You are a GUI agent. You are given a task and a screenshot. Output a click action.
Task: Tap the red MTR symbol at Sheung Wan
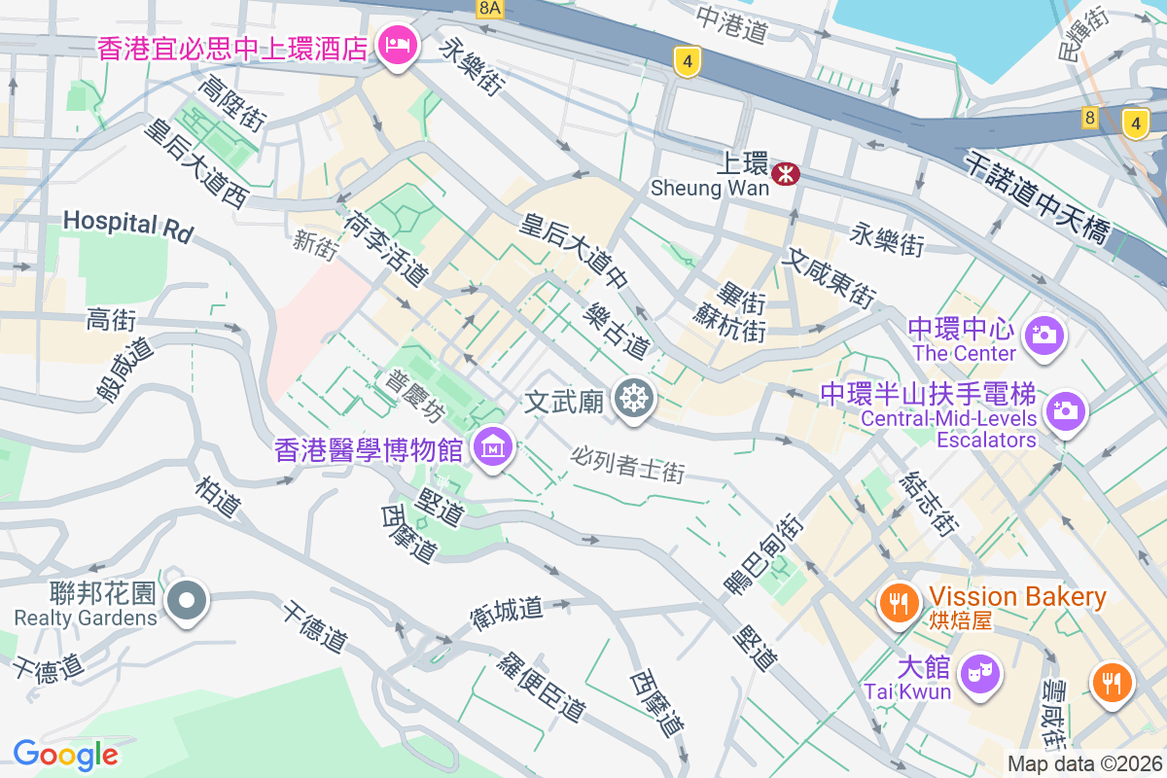point(785,174)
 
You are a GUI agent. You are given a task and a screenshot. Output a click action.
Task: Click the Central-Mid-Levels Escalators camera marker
point(1066,411)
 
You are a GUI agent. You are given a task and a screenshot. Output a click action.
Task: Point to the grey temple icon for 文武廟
point(634,400)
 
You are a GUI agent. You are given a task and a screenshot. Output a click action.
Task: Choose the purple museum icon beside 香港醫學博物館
point(493,447)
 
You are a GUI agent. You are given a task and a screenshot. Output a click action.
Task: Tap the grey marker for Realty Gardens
point(185,601)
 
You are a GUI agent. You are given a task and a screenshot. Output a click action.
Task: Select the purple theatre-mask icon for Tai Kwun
point(978,673)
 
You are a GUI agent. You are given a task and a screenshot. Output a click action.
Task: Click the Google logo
point(65,754)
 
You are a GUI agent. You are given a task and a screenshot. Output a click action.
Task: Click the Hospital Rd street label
point(128,227)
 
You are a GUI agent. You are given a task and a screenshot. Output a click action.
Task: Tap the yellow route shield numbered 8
point(1089,119)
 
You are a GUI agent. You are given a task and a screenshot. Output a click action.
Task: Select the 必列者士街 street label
point(627,464)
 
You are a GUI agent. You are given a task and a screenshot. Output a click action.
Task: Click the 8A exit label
point(490,8)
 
